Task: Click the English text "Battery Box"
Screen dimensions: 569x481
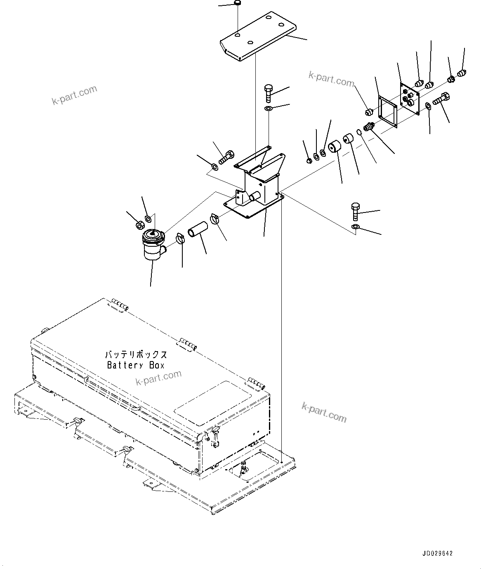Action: tap(136, 365)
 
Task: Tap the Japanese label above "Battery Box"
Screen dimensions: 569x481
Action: tap(136, 354)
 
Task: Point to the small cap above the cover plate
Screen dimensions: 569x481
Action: tap(238, 4)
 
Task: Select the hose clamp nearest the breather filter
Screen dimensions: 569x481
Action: tap(180, 238)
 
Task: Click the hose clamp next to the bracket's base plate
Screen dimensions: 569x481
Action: tap(215, 218)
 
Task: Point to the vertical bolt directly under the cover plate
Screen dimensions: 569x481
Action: tap(268, 92)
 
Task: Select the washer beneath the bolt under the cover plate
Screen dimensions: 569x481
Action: tap(268, 109)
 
